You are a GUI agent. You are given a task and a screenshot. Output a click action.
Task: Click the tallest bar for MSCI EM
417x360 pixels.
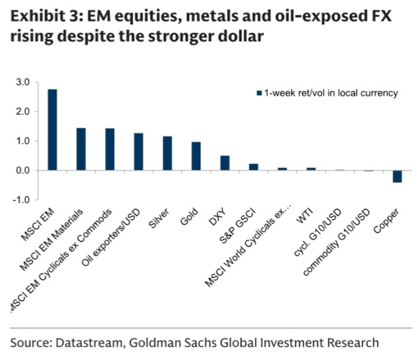[x=52, y=130]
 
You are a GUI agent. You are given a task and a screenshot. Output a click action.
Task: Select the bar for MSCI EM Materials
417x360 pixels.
[x=81, y=150]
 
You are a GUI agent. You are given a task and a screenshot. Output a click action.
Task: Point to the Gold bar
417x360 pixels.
[x=196, y=157]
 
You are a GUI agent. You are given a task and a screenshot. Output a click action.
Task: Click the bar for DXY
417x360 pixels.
[x=225, y=164]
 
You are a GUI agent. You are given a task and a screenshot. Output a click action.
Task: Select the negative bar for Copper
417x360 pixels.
[x=397, y=176]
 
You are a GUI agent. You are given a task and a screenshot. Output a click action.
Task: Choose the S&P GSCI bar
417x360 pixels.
[x=253, y=167]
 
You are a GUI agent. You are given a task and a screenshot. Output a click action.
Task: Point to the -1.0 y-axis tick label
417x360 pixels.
[x=21, y=200]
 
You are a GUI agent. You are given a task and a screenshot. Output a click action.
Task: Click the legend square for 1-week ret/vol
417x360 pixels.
[x=259, y=93]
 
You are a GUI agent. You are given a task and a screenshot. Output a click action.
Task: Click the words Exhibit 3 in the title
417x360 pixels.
[x=40, y=18]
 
